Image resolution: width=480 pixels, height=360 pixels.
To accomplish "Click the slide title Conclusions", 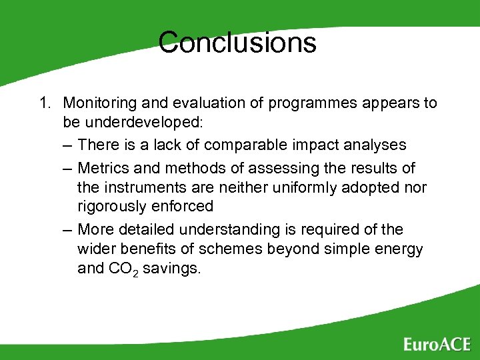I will pos(237,43).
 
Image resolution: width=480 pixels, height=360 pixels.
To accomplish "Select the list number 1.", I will pos(45,103).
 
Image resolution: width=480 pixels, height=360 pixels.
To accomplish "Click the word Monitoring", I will pos(97,103).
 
